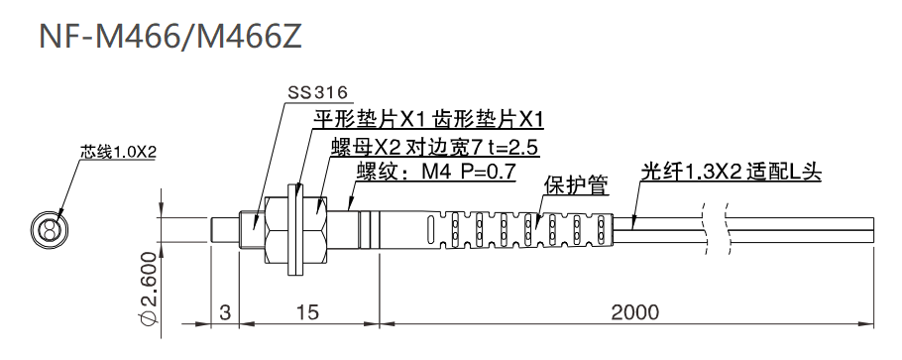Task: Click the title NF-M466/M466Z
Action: [164, 37]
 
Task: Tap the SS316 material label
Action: [317, 92]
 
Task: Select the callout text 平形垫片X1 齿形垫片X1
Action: [428, 121]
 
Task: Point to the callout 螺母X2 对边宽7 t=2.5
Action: [433, 149]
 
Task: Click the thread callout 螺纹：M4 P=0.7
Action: [435, 173]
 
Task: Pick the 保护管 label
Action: [576, 186]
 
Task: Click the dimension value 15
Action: [307, 312]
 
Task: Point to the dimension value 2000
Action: [634, 312]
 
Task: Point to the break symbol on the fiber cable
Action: [715, 228]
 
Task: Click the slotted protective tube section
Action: [525, 230]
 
